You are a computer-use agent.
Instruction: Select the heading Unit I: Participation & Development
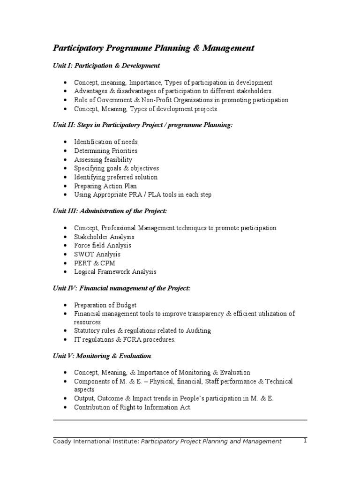(106, 66)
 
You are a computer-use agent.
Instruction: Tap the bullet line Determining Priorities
(105, 150)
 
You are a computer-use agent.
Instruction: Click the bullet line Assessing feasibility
(103, 159)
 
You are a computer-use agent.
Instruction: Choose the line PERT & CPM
(94, 263)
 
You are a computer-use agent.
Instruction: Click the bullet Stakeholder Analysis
(104, 237)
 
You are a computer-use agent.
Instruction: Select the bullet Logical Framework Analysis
(115, 272)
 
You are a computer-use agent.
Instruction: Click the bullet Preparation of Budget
(105, 305)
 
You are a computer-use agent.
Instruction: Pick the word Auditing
(199, 330)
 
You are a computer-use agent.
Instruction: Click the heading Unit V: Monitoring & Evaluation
(102, 356)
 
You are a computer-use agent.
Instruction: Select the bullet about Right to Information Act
(133, 407)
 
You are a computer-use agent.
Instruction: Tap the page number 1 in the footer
(305, 441)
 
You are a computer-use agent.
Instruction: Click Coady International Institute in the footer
(95, 441)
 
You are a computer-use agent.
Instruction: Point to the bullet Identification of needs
(105, 142)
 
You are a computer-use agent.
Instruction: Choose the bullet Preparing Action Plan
(105, 186)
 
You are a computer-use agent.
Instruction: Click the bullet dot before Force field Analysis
(64, 246)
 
